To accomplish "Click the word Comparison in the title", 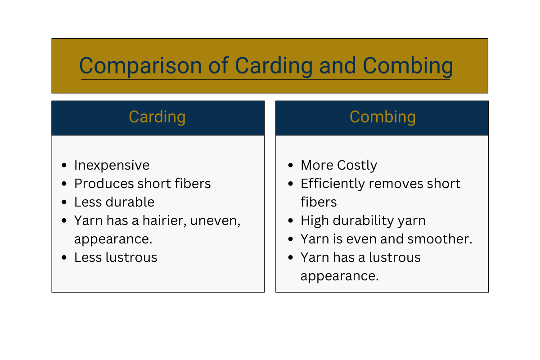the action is pos(140,66).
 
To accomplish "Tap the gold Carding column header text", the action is pos(157,117).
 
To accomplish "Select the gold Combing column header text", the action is pos(382,117).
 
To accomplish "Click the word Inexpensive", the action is pos(112,165).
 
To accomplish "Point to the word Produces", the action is pos(104,184).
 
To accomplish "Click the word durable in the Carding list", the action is pos(130,202).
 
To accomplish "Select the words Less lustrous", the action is pos(116,257).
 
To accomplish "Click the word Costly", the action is pos(357,166).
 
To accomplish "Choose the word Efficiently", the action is pos(333,184).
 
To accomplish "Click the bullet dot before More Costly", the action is pos(291,165).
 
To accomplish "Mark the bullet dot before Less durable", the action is pos(64,202).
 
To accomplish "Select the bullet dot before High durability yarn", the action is pos(291,220).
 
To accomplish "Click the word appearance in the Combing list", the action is pos(339,276).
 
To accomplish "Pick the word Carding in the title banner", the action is pos(274,66).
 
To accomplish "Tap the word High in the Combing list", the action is pos(315,221).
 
